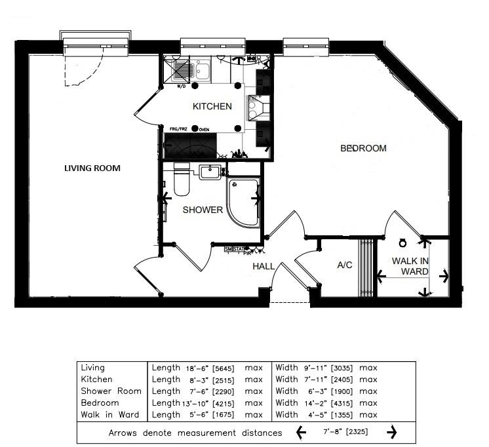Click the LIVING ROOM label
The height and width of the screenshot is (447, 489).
coord(92,168)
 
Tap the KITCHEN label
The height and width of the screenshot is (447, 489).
coord(211,106)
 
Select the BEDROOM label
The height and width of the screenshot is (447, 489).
coord(363,148)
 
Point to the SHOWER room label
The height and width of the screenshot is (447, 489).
coord(202,210)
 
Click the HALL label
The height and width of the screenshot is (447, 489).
coord(264,266)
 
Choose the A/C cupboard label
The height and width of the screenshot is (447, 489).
coord(345,266)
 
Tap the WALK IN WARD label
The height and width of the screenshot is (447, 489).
coord(410,266)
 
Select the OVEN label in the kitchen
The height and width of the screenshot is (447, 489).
coord(204,129)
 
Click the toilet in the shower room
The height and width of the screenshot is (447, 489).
coord(182,179)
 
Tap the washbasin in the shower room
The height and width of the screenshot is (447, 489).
coord(210,172)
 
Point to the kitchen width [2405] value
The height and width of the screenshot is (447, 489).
coord(344,379)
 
